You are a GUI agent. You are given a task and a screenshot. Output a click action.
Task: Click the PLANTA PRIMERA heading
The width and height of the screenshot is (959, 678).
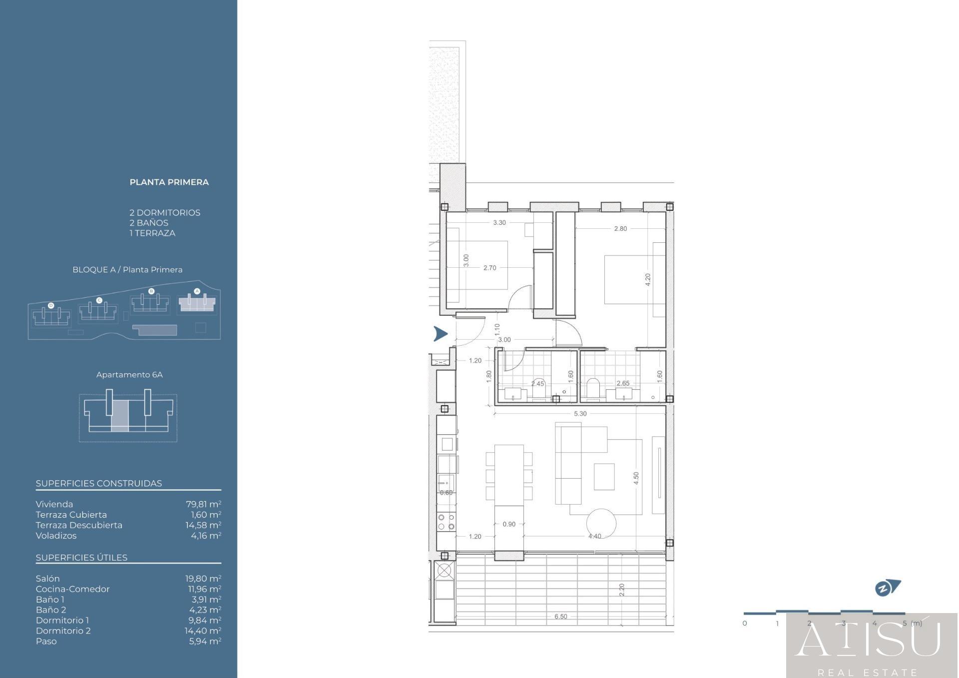coord(169,182)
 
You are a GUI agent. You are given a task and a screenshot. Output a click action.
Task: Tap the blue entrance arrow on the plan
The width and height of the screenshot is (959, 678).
coord(440,334)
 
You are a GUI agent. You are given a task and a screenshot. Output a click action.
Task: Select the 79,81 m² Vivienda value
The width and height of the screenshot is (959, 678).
coord(203,504)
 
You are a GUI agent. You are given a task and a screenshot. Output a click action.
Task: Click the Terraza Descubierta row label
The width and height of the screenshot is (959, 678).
coord(79,525)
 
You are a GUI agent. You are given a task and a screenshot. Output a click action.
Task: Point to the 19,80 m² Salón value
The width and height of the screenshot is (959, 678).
coord(203,579)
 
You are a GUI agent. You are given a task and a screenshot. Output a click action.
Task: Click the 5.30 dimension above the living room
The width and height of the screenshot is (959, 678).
coord(580,414)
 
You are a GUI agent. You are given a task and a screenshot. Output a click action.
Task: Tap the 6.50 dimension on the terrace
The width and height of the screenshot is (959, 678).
coord(561,617)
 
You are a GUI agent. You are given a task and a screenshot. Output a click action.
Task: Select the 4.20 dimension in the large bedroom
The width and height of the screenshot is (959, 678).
coord(648,280)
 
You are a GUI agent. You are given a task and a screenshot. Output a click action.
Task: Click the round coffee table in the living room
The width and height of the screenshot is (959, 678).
coord(601,523)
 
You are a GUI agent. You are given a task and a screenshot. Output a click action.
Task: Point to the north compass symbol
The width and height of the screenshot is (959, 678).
coord(887,588)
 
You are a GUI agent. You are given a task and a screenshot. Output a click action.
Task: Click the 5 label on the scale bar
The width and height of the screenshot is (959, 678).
coord(905,623)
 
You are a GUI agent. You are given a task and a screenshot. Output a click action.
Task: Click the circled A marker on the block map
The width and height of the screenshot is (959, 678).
coord(197,291)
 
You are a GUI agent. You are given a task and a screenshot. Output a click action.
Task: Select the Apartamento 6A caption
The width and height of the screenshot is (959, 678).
coord(129,375)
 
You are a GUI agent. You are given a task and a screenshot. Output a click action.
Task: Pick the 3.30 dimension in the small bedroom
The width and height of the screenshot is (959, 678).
coord(499,223)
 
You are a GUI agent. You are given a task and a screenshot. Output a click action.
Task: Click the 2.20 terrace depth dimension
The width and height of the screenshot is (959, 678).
coord(622,590)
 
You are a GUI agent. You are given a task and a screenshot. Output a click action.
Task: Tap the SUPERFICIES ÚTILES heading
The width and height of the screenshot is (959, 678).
coord(81,558)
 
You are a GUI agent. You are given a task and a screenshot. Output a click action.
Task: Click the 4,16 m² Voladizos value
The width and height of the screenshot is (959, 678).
coord(206,536)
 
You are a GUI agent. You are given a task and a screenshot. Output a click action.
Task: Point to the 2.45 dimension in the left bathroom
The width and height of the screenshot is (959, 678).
coord(538,384)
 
